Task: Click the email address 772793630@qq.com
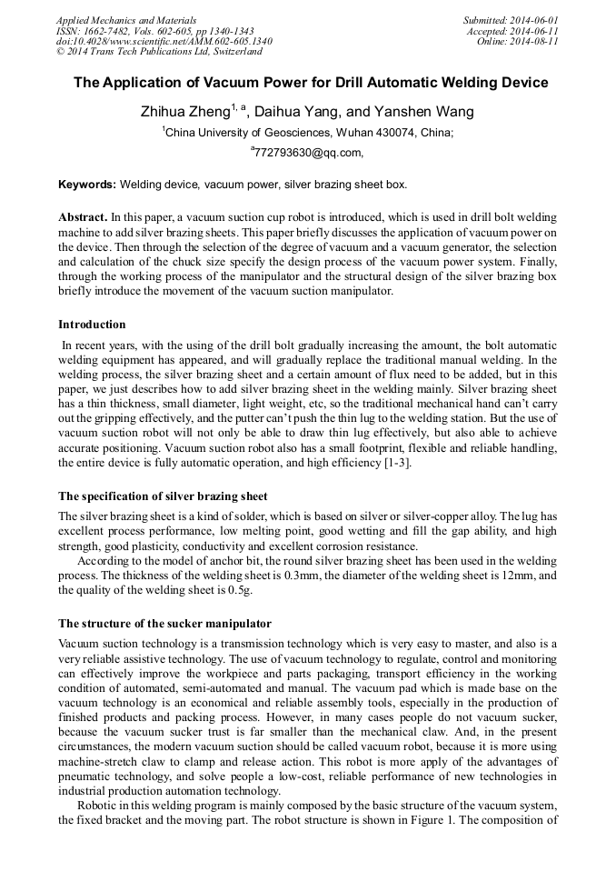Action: (309, 152)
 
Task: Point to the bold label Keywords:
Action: (87, 184)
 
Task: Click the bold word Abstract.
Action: (82, 219)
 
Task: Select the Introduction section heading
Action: (92, 325)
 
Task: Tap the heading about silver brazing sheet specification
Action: (163, 496)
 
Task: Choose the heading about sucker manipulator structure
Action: (164, 624)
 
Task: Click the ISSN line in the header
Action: (154, 31)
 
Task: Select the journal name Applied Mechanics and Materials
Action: (125, 20)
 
